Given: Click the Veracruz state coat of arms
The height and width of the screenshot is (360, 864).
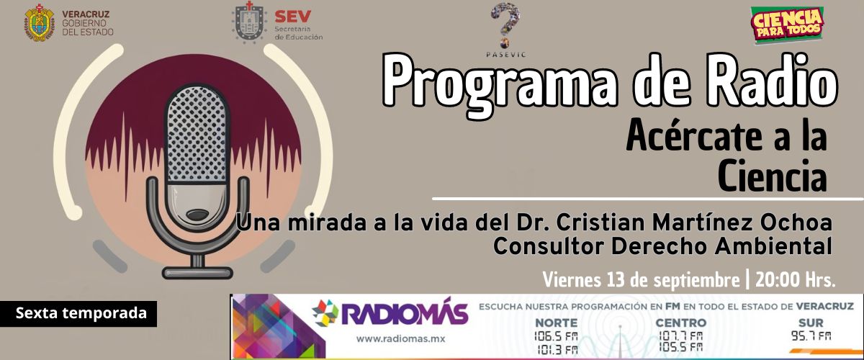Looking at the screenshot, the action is [x=40, y=23].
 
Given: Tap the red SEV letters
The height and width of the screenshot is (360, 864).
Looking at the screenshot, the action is [x=293, y=17].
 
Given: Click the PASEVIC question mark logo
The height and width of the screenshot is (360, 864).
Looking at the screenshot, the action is [x=505, y=26].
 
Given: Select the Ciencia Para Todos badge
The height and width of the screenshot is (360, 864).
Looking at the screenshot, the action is [x=787, y=24].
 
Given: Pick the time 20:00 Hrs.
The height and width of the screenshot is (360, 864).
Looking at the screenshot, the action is [x=795, y=280].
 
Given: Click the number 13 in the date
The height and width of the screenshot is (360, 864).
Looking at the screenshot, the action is [x=616, y=280].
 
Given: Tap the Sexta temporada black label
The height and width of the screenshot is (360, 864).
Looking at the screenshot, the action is [x=78, y=313].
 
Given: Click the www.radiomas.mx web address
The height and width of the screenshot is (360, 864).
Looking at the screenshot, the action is [x=400, y=339].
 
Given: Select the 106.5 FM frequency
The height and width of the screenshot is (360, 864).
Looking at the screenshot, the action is [x=556, y=336].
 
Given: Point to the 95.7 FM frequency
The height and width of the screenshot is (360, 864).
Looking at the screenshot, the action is [x=811, y=336].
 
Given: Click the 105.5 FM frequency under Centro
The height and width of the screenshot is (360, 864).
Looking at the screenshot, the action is [x=681, y=347].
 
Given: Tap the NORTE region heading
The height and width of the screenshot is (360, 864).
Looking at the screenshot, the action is [x=556, y=323].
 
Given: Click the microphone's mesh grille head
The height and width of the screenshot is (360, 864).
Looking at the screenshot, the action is [x=197, y=133].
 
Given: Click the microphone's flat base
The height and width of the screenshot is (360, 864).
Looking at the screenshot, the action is [x=197, y=272].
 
